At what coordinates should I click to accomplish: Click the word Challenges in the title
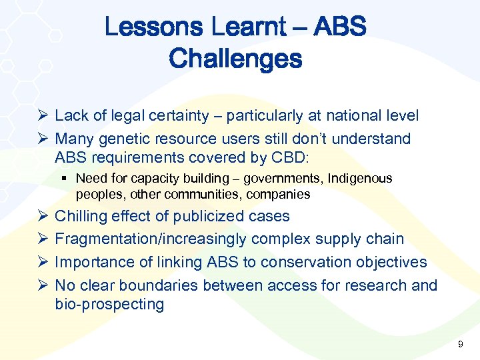(235, 59)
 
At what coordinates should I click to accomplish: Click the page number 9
(460, 344)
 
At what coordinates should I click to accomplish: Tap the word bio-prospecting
(109, 304)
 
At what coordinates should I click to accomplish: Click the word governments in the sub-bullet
(281, 179)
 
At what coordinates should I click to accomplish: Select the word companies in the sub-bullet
(277, 195)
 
